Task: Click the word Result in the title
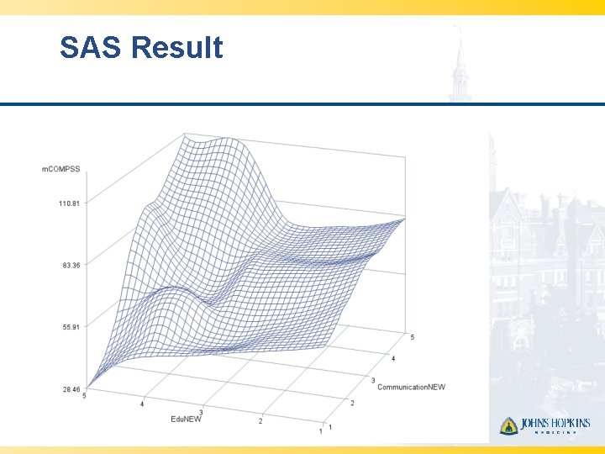177,47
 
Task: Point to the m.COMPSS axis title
61,169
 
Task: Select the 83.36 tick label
71,265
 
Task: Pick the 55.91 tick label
71,327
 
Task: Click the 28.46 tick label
71,389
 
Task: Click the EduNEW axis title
186,418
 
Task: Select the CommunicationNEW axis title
411,387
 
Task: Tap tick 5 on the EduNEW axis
85,395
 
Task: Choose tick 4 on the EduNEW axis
142,404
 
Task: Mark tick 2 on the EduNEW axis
261,421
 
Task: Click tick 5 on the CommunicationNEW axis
412,337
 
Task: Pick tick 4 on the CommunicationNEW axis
392,359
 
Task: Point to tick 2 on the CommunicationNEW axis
352,404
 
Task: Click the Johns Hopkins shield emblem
508,425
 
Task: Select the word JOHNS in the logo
534,424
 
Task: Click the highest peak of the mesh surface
190,137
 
